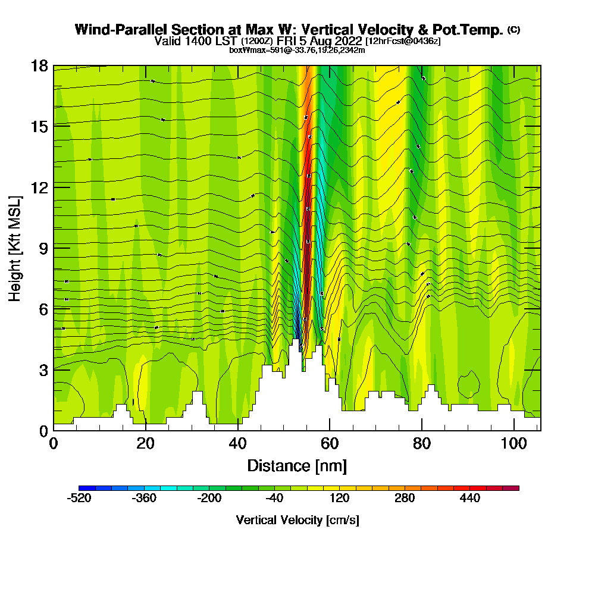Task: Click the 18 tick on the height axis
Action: [x=39, y=65]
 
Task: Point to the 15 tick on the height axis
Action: [x=39, y=126]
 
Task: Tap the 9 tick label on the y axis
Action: [x=43, y=248]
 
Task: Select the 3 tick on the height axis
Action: [x=43, y=369]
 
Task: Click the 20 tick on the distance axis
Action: [x=146, y=443]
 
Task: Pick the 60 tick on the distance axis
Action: [x=330, y=443]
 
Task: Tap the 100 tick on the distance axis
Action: [x=513, y=443]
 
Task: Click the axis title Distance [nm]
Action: [x=297, y=465]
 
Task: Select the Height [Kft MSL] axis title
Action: [x=15, y=248]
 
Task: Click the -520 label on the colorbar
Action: [x=79, y=499]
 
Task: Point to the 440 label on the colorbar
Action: [x=470, y=499]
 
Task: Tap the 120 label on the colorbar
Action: [x=339, y=499]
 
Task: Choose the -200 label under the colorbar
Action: [x=209, y=499]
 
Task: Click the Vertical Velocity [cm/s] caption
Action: [x=297, y=520]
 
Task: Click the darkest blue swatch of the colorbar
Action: [x=83, y=488]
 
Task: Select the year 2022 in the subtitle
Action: [x=347, y=41]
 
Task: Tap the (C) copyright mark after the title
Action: [x=513, y=30]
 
